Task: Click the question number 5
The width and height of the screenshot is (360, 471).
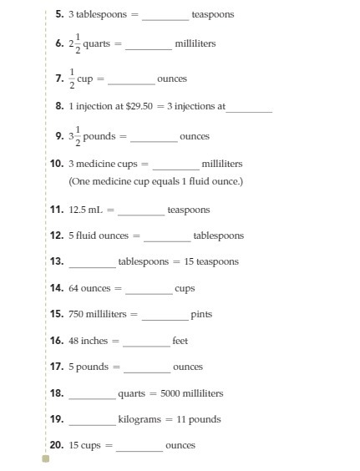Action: pos(58,15)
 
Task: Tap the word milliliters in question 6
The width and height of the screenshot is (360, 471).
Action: pos(195,43)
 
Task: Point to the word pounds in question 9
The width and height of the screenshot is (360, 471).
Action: pos(99,136)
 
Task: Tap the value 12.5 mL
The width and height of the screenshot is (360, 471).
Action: pos(85,210)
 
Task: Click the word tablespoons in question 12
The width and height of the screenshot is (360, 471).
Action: pos(218,236)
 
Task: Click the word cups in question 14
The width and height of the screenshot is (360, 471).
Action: pos(185,289)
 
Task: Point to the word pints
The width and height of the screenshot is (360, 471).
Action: pos(201,315)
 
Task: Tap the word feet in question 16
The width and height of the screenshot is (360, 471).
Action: pos(180,342)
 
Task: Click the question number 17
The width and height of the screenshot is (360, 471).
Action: pos(57,367)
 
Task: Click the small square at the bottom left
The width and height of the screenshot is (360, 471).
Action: pos(46,458)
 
